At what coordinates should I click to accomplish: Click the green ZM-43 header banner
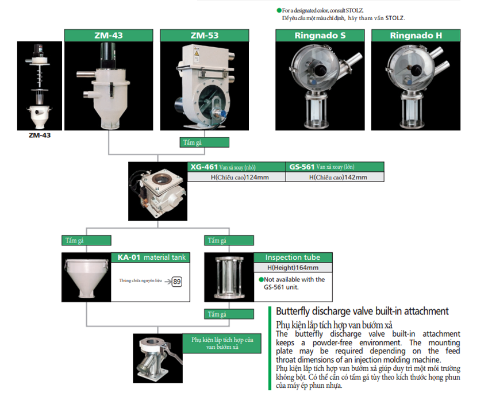pos(109,35)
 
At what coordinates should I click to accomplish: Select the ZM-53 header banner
pos(204,35)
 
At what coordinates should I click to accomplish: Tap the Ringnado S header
pos(320,35)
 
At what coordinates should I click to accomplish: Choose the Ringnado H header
pos(416,35)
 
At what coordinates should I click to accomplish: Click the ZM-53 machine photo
pos(204,86)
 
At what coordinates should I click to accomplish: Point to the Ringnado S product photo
pos(320,86)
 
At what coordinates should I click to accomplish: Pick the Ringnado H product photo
pos(416,86)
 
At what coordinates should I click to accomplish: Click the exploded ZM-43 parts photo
pos(40,86)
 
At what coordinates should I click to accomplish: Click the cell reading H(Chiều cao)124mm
pos(237,177)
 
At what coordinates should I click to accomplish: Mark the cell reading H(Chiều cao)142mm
pos(335,177)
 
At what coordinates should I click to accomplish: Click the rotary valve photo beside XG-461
pos(157,191)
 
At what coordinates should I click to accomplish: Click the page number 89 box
pos(177,282)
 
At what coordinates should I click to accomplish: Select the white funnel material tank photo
pos(86,278)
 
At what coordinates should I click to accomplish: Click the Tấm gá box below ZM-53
pos(205,143)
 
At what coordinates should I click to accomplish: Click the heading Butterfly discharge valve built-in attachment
pos(362,311)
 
